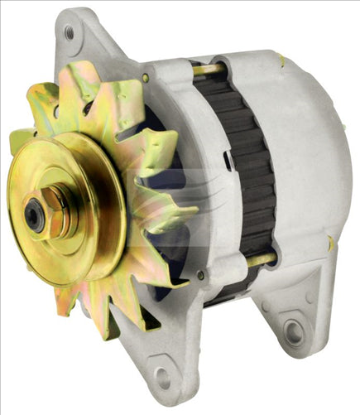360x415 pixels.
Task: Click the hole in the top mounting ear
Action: click(x=69, y=33)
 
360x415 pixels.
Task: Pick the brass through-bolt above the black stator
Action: click(x=207, y=70)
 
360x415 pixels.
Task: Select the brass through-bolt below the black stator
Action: click(x=258, y=261)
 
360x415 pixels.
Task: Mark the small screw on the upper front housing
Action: click(x=146, y=78)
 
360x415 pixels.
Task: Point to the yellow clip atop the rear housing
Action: click(x=281, y=60)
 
